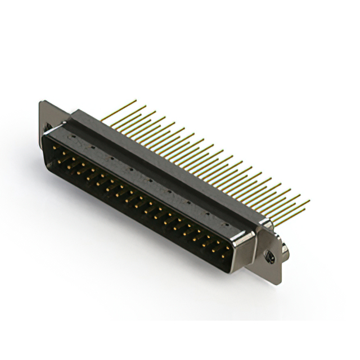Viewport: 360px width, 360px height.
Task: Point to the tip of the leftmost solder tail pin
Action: (x=136, y=101)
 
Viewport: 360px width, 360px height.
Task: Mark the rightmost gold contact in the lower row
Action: (x=223, y=255)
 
